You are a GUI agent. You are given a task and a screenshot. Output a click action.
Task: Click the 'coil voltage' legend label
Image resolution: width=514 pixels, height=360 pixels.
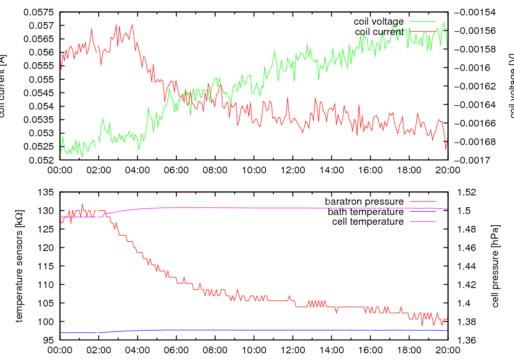click(x=378, y=22)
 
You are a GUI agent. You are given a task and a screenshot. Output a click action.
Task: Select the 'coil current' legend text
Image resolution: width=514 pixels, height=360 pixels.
click(x=379, y=32)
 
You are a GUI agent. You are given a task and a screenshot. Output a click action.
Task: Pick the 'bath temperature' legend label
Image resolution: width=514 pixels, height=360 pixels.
click(x=365, y=211)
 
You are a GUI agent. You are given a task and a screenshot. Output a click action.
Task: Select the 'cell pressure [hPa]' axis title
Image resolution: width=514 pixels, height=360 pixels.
click(x=495, y=266)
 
